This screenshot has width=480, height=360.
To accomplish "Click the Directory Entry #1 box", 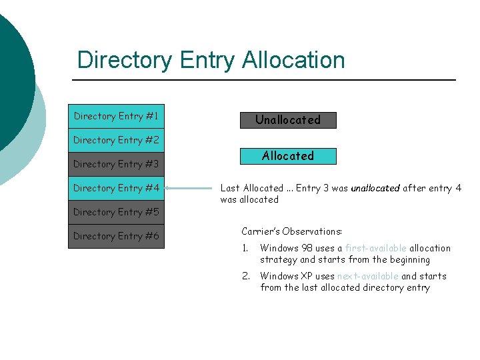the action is tap(116, 116).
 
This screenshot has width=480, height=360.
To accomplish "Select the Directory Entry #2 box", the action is tap(116, 140).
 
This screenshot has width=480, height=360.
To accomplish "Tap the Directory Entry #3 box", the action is tap(116, 164).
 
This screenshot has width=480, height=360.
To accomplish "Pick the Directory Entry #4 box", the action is tap(116, 188).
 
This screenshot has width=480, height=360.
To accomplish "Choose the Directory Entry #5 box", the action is tap(116, 212).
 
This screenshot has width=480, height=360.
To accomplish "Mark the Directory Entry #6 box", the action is tap(116, 236).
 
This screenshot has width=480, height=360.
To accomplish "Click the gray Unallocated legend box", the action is tap(288, 120).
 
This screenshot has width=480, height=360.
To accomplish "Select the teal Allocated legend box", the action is tap(288, 156).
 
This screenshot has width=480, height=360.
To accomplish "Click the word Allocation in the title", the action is tap(293, 60).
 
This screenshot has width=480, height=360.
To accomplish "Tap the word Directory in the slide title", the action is tap(125, 60).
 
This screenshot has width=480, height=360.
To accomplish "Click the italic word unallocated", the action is tap(375, 188).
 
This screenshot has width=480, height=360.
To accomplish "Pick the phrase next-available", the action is tap(367, 276).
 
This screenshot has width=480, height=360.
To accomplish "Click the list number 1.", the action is tap(245, 248).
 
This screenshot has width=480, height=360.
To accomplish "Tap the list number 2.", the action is tap(245, 276).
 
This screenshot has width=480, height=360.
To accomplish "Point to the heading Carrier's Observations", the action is tap(291, 231).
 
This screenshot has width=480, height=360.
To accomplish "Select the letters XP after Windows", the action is tap(307, 276).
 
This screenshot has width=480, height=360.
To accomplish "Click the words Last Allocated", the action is tap(251, 188).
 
